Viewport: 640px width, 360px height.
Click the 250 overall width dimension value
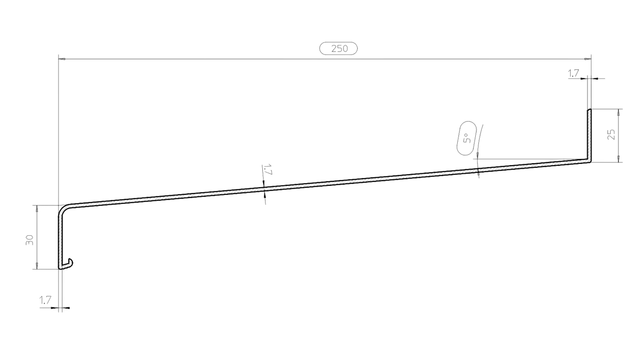[339, 49]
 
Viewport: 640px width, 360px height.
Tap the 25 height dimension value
[611, 135]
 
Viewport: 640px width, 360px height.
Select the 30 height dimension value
[30, 240]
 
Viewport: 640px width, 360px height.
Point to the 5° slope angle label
[466, 138]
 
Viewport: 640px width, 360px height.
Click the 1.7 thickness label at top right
[573, 73]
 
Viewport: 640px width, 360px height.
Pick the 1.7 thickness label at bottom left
[45, 300]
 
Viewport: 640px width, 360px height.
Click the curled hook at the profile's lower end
[66, 264]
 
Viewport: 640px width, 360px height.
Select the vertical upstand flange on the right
[589, 136]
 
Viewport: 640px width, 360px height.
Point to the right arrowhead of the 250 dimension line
[588, 59]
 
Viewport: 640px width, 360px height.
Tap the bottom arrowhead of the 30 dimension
[37, 265]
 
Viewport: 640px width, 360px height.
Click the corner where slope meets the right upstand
[590, 162]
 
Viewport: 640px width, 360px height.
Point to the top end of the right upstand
[589, 109]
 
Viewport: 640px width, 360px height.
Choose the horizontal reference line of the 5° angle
[530, 159]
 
